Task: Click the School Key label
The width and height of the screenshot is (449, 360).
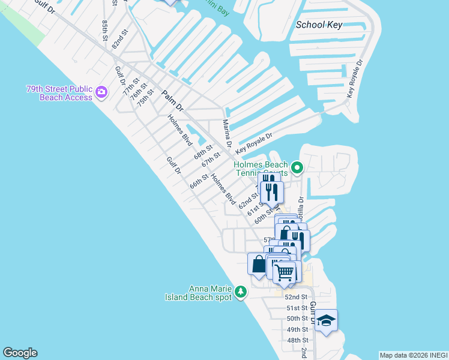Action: coord(319,25)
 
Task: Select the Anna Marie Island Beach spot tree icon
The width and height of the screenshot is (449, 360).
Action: coord(241,292)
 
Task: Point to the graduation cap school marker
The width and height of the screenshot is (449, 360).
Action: coord(326,320)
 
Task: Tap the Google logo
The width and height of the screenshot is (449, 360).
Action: coord(20,353)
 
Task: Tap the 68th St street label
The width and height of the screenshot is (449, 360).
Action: coord(203,152)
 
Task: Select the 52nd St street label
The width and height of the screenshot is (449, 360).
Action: coord(296,297)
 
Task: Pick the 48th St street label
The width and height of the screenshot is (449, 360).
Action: coord(297,340)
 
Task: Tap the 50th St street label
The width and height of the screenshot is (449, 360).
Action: coord(297,319)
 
